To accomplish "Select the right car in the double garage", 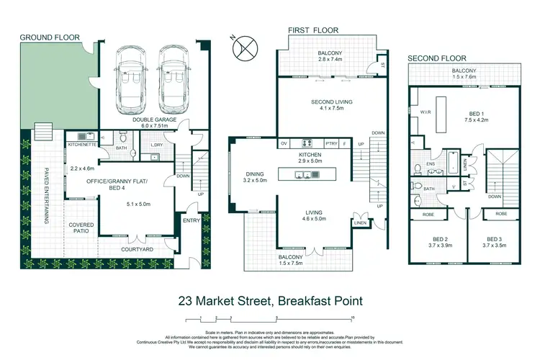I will pyautogui.click(x=172, y=76).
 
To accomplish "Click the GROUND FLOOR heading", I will pyautogui.click(x=50, y=37).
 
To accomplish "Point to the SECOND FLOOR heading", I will pyautogui.click(x=437, y=58).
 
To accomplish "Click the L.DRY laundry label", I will pyautogui.click(x=158, y=144).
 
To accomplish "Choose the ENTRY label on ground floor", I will pyautogui.click(x=192, y=221).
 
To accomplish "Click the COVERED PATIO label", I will pyautogui.click(x=81, y=228).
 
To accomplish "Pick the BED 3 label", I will pyautogui.click(x=493, y=238).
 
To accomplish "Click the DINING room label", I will pyautogui.click(x=256, y=174).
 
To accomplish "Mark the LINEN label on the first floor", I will pyautogui.click(x=359, y=223).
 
